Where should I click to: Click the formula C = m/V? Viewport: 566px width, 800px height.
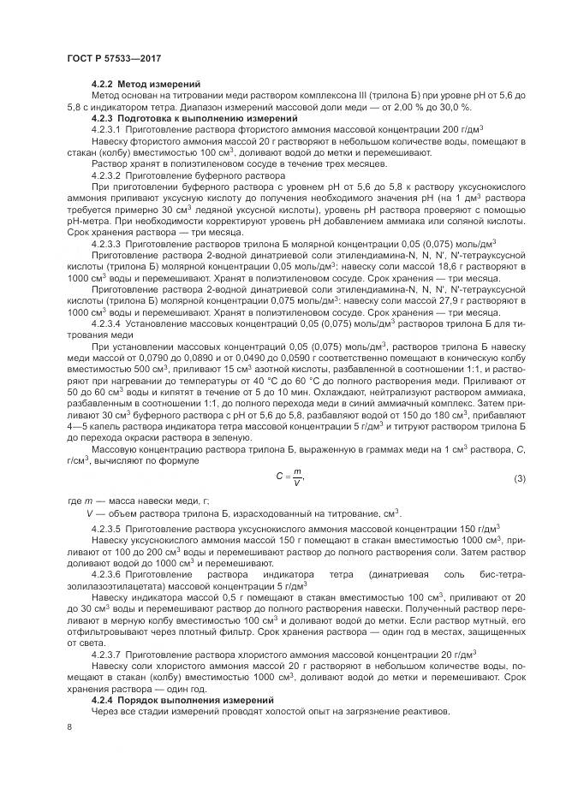point(295,476)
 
